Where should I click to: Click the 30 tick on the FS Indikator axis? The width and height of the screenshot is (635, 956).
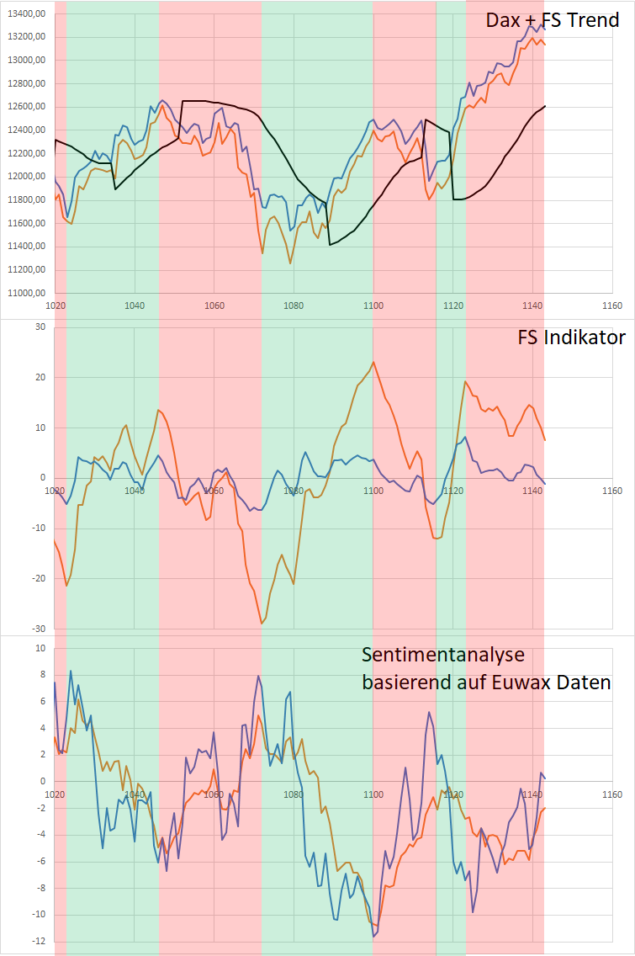(x=39, y=327)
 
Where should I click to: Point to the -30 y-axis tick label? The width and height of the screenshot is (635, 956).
(x=36, y=629)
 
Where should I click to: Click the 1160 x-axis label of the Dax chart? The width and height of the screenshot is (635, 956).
(x=612, y=305)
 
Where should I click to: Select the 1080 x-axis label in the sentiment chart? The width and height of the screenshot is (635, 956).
(x=294, y=794)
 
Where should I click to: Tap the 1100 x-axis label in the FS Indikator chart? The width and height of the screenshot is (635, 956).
(x=373, y=491)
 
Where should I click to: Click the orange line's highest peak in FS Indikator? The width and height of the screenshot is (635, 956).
(x=373, y=362)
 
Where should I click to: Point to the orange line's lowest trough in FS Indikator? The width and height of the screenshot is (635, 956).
(x=262, y=624)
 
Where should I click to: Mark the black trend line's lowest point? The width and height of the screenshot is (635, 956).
(x=330, y=245)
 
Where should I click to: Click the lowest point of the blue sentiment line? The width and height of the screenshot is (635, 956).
(x=373, y=937)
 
